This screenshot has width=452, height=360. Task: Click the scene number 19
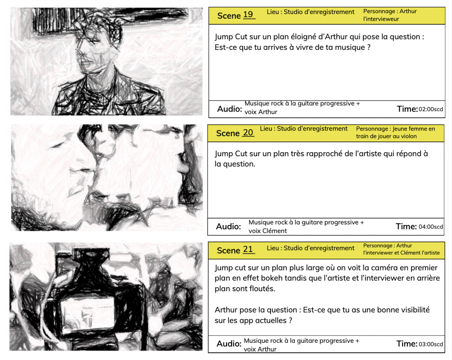tap(248, 15)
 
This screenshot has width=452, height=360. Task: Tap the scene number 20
tap(248, 132)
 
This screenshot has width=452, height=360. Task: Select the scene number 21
tap(248, 249)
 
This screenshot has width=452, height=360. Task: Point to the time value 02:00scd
tap(431, 109)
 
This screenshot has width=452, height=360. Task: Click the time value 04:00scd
tap(431, 227)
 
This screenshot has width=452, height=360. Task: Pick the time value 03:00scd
tap(431, 344)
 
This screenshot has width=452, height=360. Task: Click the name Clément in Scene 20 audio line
tap(275, 231)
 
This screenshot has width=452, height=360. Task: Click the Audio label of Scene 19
tap(230, 109)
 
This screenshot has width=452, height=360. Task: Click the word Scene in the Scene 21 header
tap(228, 250)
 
